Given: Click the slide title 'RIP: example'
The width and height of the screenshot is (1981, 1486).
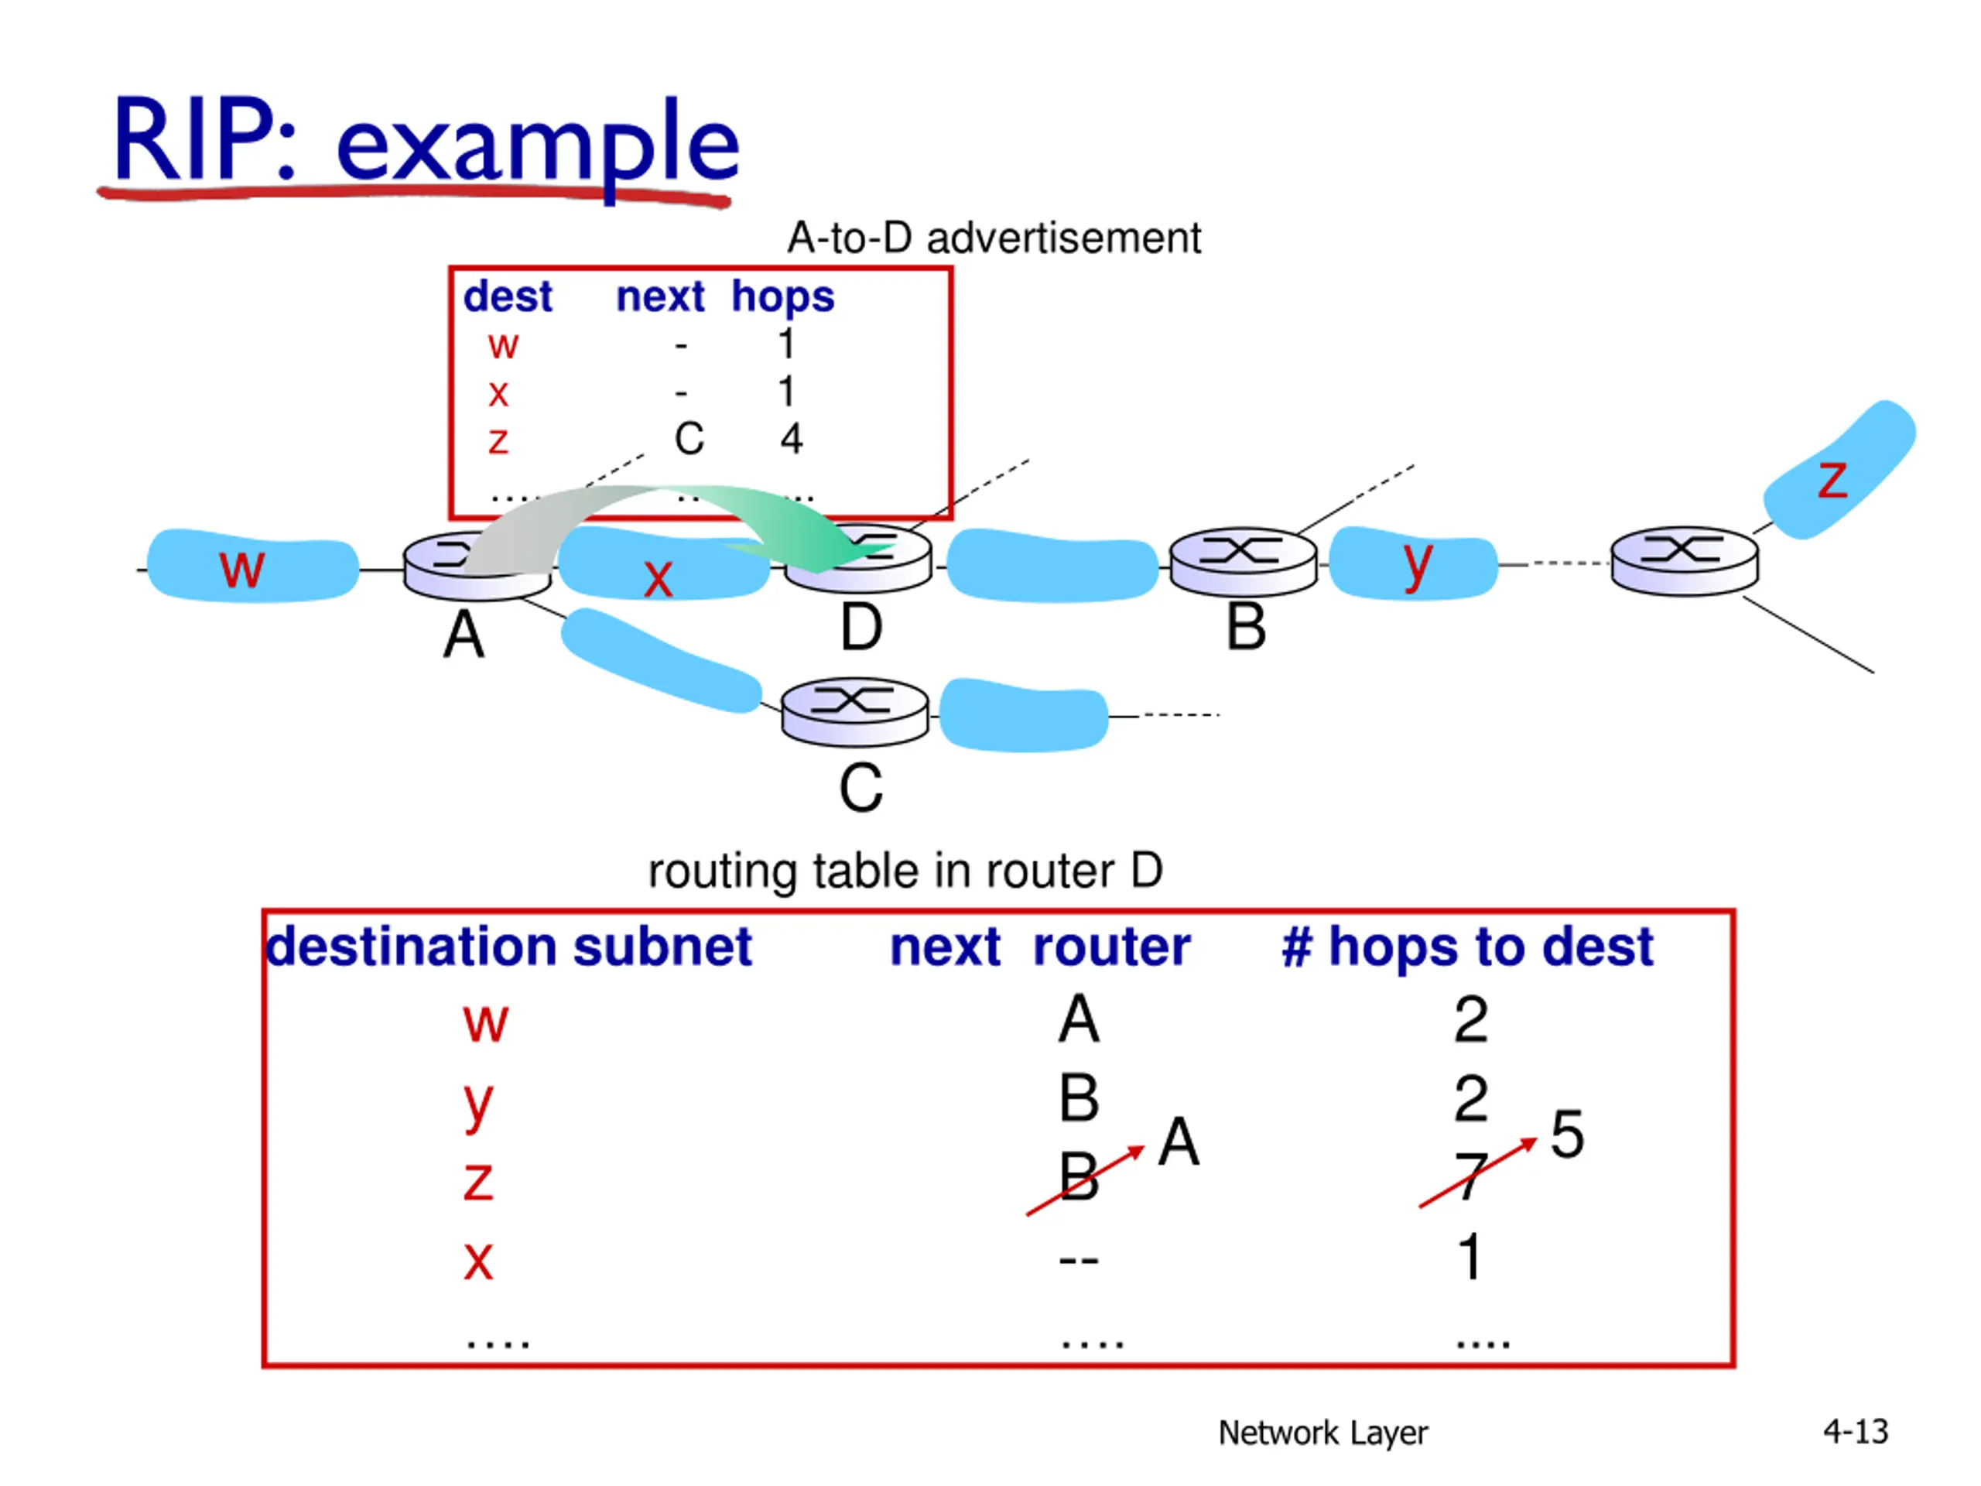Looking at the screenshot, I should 426,142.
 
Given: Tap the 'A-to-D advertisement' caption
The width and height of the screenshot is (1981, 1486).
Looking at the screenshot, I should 993,238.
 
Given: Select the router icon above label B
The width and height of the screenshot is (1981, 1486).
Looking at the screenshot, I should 1243,560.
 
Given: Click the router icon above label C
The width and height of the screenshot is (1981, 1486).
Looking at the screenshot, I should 854,711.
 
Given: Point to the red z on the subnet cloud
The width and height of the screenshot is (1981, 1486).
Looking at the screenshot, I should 1832,480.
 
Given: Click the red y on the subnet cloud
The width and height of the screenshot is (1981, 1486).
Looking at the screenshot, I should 1417,563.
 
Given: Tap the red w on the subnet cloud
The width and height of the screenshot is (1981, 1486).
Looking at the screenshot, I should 241,568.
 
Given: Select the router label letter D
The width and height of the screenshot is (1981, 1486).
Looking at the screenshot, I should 860,628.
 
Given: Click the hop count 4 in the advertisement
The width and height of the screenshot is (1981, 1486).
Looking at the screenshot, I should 791,439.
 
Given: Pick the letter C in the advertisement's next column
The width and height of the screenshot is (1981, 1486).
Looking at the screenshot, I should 689,439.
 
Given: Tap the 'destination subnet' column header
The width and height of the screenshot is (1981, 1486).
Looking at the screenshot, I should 508,947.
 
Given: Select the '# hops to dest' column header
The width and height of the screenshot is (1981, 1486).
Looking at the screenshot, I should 1467,947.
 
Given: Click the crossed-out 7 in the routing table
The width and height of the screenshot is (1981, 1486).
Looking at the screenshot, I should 1469,1176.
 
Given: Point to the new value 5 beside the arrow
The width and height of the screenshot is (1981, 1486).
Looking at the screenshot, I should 1567,1134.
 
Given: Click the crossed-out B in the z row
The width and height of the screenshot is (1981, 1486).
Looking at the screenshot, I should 1078,1176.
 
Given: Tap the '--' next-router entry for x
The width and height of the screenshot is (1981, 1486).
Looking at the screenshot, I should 1078,1260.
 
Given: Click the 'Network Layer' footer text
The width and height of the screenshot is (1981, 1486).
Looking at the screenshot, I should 1322,1433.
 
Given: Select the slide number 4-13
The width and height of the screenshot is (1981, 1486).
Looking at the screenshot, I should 1856,1431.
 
